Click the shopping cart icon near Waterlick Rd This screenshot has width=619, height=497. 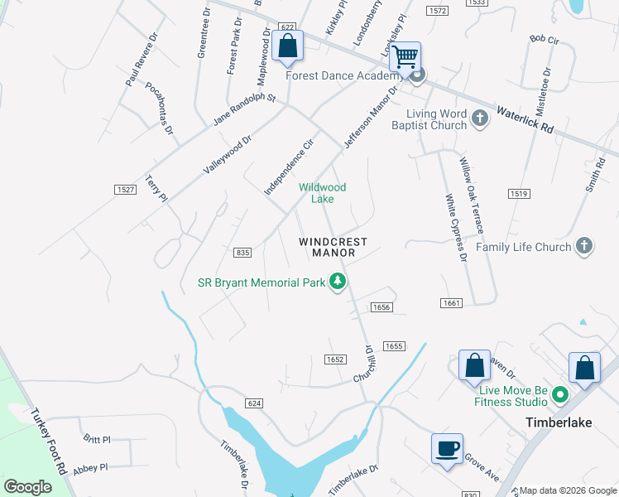(405, 57)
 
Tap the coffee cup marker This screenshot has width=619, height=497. (447, 449)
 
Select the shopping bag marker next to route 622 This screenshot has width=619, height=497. (287, 48)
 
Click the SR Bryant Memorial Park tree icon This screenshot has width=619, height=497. (338, 282)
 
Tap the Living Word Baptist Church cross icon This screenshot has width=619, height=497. (479, 118)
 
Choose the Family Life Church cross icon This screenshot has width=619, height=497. (584, 246)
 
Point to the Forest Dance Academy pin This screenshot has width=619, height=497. (418, 76)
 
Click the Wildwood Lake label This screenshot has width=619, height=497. (322, 193)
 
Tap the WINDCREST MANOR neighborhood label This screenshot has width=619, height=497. (333, 247)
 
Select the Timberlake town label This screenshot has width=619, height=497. (559, 422)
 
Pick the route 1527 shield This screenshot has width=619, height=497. (125, 190)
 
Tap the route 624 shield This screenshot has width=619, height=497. (254, 403)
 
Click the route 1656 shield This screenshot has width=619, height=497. (381, 307)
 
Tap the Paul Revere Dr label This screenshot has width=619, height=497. (141, 59)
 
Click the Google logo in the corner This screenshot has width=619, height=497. (27, 487)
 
